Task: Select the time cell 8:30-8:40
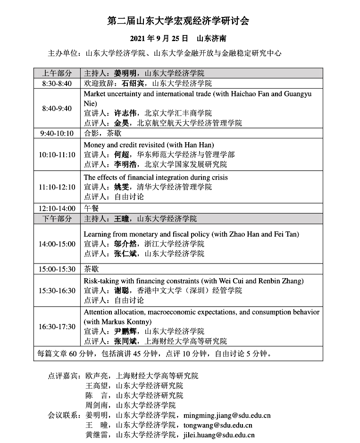click(57, 83)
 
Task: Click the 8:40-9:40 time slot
click(57, 108)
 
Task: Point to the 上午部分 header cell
click(57, 73)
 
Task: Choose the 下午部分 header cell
click(57, 219)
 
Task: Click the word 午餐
click(92, 208)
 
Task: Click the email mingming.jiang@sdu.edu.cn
click(226, 416)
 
